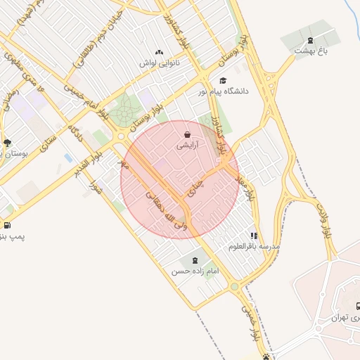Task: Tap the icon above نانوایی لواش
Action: [x=160, y=51]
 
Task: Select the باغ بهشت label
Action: [x=312, y=51]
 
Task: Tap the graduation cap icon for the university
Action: [x=224, y=80]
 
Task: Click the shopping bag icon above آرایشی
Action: [x=187, y=134]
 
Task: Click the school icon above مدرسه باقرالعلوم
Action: [x=254, y=236]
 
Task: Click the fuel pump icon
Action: [x=7, y=226]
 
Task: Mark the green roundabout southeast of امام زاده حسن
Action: [x=234, y=287]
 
